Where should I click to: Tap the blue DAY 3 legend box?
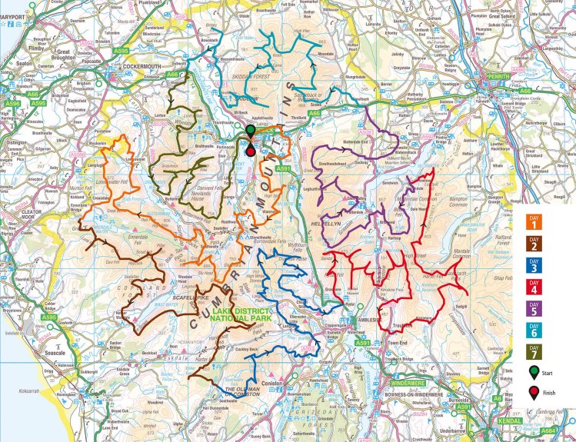coord(533,268)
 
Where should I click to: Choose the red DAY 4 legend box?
coord(533,290)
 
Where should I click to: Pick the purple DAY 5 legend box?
coord(533,311)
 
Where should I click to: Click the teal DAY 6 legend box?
coord(533,333)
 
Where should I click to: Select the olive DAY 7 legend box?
coord(533,354)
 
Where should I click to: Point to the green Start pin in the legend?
coord(533,373)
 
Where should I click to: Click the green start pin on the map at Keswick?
coord(251,131)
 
